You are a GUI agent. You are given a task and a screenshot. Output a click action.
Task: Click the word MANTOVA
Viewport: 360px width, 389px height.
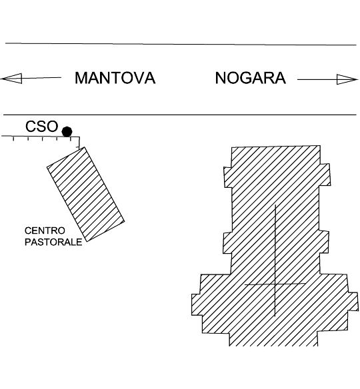(x=115, y=78)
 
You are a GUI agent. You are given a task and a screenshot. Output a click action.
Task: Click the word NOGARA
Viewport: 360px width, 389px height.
(x=251, y=78)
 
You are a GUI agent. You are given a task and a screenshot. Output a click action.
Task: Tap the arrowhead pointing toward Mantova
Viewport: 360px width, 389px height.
(x=11, y=79)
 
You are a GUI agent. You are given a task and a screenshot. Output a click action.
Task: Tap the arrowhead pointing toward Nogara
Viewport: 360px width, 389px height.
(x=347, y=79)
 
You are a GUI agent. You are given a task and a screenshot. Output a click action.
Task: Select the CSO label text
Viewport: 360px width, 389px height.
(x=42, y=127)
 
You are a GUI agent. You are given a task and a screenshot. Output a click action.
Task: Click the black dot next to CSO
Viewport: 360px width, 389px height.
(x=67, y=131)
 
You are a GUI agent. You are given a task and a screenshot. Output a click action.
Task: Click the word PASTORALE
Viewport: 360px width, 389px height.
(x=53, y=242)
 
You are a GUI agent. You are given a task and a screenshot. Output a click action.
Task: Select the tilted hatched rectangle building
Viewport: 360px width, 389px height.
(x=85, y=195)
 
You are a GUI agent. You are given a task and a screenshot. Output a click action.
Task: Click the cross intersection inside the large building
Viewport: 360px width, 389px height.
(x=275, y=284)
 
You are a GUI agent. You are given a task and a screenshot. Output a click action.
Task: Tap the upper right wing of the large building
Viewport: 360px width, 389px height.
(x=325, y=175)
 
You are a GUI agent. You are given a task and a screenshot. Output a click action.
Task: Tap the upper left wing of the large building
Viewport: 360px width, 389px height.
(x=228, y=177)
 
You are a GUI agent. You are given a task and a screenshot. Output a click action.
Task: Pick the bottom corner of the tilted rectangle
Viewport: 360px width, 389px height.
(x=87, y=241)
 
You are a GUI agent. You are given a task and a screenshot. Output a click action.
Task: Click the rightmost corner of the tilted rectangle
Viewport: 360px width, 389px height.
(x=125, y=221)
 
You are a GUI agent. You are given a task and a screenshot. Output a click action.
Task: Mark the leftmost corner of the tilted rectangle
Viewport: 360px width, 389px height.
(x=47, y=167)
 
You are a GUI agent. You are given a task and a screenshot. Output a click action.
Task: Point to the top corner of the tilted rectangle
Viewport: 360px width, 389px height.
(x=85, y=147)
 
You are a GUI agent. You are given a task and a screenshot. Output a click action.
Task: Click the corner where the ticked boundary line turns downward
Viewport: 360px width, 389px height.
(x=79, y=137)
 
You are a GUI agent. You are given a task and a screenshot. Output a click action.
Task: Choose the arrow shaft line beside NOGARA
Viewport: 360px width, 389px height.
(x=317, y=80)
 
